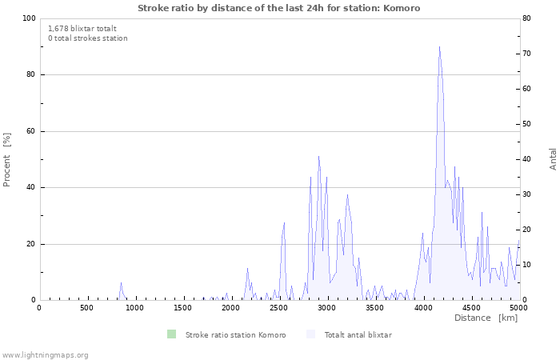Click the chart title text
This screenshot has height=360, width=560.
pos(278,8)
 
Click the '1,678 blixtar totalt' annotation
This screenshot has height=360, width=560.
pos(82,28)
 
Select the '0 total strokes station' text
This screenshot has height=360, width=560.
pos(87,38)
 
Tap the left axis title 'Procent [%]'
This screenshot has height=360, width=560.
pos(7,159)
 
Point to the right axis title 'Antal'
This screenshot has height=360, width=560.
pos(553,158)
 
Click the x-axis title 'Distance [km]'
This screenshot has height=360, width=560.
pos(486,318)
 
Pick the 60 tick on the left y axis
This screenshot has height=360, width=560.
pos(31,131)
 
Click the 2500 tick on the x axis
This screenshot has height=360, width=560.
pos(278,308)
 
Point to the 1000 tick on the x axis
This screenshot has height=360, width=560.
pos(134,308)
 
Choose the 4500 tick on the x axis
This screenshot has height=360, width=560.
pos(470,308)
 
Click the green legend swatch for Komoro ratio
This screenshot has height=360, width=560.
pos(171,334)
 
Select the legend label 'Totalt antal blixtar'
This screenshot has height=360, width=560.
pos(358,335)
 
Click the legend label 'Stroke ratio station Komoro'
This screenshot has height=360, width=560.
pos(235,335)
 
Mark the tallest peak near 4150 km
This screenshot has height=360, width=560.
pos(439,47)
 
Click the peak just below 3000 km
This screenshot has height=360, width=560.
pos(318,156)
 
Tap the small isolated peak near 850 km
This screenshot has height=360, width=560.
pos(121,283)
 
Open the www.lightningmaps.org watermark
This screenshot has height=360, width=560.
pos(45,354)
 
